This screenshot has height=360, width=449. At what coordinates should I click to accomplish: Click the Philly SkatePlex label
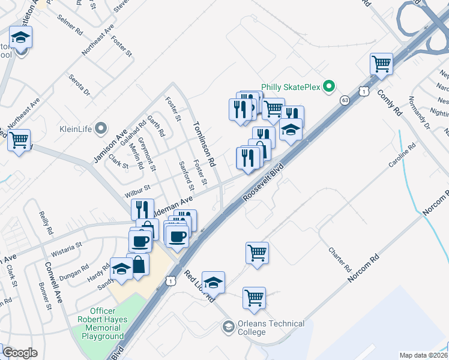point(291,87)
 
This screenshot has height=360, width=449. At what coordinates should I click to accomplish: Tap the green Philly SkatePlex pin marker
point(328,87)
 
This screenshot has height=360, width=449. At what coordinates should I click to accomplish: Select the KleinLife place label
point(76,128)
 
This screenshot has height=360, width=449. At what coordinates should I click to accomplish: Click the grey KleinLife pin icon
point(101,128)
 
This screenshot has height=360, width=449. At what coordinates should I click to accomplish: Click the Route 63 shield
point(344,100)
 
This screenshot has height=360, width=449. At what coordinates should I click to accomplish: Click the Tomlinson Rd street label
point(204,144)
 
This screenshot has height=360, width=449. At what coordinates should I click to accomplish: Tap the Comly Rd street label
point(389,102)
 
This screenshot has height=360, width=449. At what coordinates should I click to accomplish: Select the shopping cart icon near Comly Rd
point(382,64)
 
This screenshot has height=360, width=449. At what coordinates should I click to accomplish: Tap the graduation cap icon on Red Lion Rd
point(213,281)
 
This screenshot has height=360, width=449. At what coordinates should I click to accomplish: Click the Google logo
point(20,353)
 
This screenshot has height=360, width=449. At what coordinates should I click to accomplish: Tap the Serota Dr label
point(79,85)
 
